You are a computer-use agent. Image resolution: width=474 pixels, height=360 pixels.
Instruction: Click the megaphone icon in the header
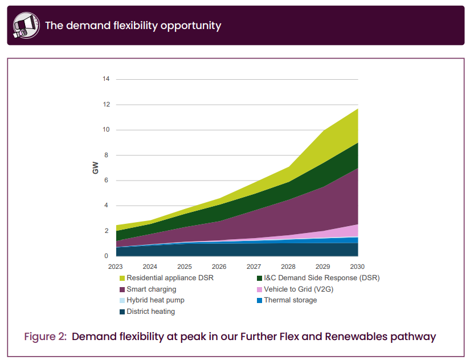pyautogui.click(x=26, y=25)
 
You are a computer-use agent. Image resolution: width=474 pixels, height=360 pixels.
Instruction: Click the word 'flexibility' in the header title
pyautogui.click(x=111, y=25)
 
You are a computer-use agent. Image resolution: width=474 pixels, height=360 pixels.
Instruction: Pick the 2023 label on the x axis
pyautogui.click(x=116, y=267)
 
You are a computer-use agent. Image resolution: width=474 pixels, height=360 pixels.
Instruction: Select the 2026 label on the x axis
pyautogui.click(x=219, y=267)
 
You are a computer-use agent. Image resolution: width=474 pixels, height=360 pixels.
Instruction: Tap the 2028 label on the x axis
pyautogui.click(x=288, y=267)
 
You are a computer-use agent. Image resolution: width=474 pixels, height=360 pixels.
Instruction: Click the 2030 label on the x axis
pyautogui.click(x=357, y=267)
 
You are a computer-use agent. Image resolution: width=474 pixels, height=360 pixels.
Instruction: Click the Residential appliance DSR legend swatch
pyautogui.click(x=122, y=278)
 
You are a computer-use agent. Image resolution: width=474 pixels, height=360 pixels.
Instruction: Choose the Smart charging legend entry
pyautogui.click(x=151, y=289)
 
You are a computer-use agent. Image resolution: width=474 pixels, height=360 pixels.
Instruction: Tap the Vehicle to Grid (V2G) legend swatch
pyautogui.click(x=259, y=289)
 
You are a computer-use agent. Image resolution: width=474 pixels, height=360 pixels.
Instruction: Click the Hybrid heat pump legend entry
pyautogui.click(x=155, y=300)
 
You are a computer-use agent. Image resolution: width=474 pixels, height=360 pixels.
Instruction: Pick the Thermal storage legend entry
pyautogui.click(x=290, y=300)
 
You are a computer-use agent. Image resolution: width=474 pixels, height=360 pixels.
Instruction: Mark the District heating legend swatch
pyautogui.click(x=122, y=312)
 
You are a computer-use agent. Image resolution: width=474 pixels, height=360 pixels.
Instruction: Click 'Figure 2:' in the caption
pyautogui.click(x=44, y=336)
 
